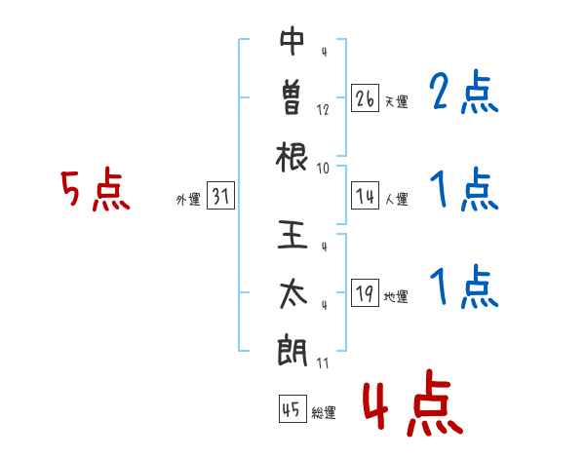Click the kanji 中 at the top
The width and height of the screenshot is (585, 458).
pos(292,41)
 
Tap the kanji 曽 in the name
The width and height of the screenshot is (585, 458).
pos(292,97)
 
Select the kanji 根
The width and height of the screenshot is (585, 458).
pos(292,157)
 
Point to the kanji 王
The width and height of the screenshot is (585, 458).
pos(292,235)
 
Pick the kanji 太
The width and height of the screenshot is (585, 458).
pos(292,293)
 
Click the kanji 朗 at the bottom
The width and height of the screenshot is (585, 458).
pos(292,351)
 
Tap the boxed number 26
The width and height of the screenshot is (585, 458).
pos(365,98)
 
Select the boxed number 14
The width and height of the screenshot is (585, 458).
pos(365,196)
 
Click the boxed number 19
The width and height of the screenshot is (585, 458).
pos(365,292)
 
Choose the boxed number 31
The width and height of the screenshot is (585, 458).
pos(220,196)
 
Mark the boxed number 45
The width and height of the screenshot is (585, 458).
pos(292,408)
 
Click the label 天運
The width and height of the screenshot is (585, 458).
pos(397,101)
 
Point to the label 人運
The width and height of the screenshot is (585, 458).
pos(397,199)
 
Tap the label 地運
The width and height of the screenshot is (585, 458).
pos(396,296)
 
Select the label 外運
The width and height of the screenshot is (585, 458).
pos(189,199)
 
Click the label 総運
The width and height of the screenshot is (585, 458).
pos(324,412)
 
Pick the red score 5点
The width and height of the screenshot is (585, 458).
pos(96,189)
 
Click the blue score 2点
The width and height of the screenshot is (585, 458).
pos(464,92)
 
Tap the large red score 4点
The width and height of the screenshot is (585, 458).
pos(413,402)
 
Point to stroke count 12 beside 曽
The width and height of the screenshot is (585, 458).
pos(323,110)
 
